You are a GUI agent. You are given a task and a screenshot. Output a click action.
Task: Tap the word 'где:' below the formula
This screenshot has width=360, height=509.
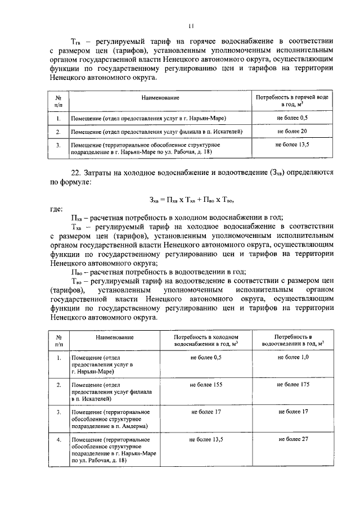point(56,209)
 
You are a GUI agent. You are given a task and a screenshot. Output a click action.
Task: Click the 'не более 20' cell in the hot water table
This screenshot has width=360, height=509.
point(292,132)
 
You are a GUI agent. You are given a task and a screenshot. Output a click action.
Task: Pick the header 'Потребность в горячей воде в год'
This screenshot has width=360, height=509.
point(292,102)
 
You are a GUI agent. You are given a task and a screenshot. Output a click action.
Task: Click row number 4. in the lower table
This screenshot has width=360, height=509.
point(58,439)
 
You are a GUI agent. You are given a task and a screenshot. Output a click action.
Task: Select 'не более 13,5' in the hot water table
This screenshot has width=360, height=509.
point(292,145)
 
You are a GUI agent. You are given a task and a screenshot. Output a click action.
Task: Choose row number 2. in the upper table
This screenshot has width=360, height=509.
point(58,132)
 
